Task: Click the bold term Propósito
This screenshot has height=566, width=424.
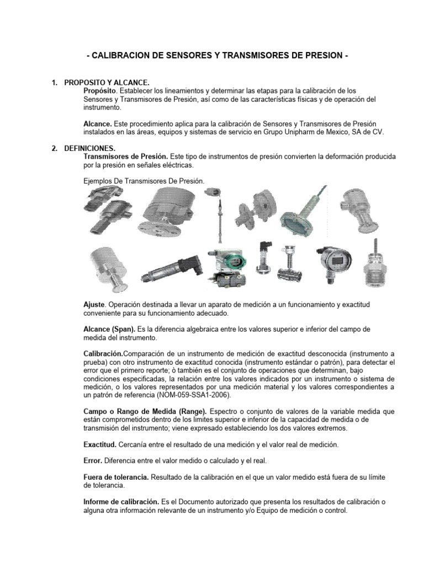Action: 99,90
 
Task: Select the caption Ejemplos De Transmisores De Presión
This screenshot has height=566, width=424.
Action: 144,181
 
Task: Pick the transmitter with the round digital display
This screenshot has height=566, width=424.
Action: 333,260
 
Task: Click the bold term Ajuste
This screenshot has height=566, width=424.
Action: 93,305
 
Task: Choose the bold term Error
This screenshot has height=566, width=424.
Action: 92,460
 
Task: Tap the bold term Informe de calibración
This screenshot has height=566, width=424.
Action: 120,501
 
